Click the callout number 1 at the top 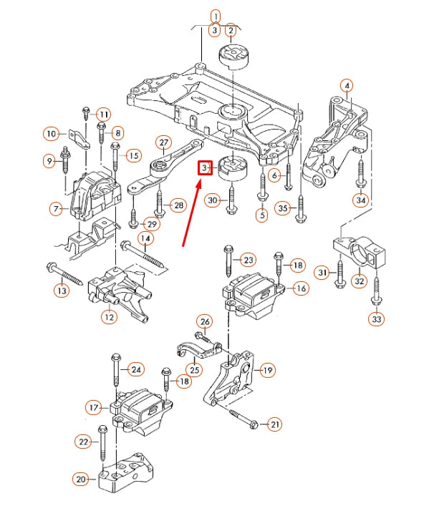215,14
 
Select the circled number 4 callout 347,86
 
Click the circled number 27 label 164,142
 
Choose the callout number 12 109,316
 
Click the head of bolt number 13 50,268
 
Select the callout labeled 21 275,424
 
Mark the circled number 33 377,318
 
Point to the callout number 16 300,288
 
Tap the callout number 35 283,208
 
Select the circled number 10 52,133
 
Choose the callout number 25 194,370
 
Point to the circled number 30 212,201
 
